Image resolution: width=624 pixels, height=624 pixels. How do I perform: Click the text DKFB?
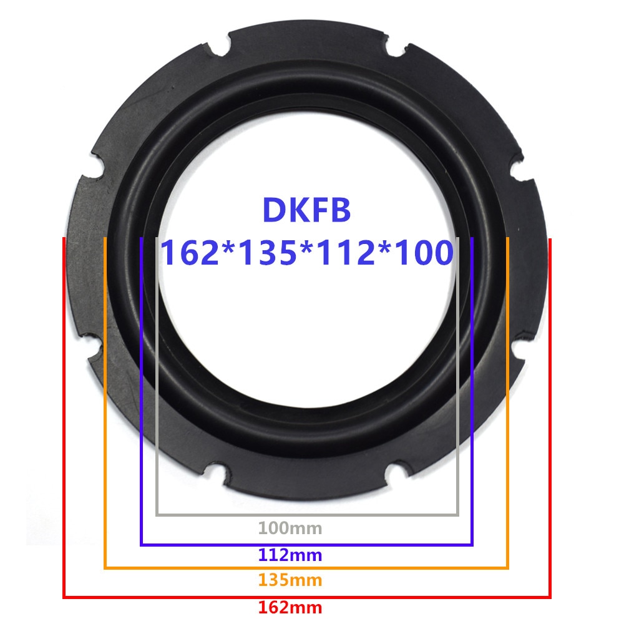click(306, 211)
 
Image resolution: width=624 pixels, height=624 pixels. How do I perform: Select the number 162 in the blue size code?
click(192, 253)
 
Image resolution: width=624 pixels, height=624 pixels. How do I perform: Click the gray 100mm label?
click(290, 529)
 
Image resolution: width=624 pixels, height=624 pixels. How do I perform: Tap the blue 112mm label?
click(290, 555)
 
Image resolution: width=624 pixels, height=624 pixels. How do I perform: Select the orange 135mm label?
click(290, 580)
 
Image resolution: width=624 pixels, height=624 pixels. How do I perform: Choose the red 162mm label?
click(290, 607)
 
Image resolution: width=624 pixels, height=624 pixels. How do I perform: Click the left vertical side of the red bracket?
click(64, 418)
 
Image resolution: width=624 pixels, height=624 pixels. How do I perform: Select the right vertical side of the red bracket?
click(550, 418)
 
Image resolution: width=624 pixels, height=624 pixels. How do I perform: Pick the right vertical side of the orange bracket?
click(508, 406)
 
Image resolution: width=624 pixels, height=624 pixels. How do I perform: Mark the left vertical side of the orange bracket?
click(105, 406)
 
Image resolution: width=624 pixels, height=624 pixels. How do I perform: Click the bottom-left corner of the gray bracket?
click(157, 514)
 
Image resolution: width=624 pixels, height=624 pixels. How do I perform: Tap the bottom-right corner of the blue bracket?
click(472, 544)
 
